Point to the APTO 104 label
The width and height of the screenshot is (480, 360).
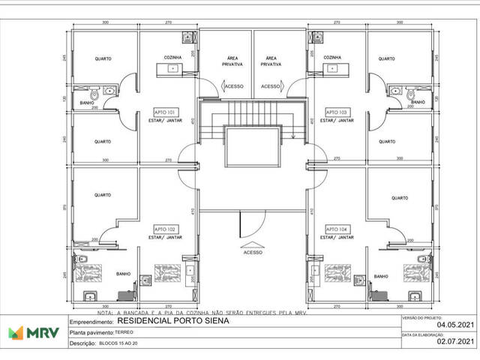tap(337, 229)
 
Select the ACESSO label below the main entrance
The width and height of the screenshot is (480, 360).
tap(252, 252)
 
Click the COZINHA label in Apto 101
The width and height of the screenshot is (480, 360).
tap(174, 58)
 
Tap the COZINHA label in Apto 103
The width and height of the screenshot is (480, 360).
tap(333, 58)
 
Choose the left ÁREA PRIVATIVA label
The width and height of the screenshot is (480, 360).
tap(231, 61)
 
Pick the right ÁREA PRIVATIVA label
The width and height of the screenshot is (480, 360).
tap(271, 61)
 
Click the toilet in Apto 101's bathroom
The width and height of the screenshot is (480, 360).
tap(95, 95)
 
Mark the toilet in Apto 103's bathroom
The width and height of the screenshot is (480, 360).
tap(410, 95)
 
